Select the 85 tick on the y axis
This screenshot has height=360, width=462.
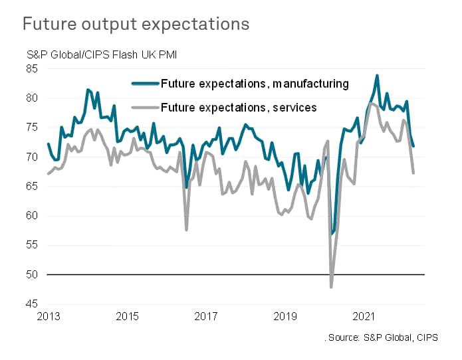pyautogui.click(x=33, y=68)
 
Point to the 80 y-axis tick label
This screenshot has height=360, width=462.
pyautogui.click(x=33, y=98)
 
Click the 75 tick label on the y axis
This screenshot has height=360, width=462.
pyautogui.click(x=33, y=128)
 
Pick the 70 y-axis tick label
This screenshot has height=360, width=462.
pyautogui.click(x=33, y=157)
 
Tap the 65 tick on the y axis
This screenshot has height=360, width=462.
pyautogui.click(x=33, y=187)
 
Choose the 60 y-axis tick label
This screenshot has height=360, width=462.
pyautogui.click(x=33, y=216)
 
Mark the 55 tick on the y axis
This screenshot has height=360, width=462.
pyautogui.click(x=33, y=245)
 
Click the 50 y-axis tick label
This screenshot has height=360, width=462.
pyautogui.click(x=33, y=274)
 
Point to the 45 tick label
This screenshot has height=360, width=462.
pyautogui.click(x=33, y=304)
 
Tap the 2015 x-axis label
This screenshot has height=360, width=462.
pyautogui.click(x=127, y=316)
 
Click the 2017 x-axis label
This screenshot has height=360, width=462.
pyautogui.click(x=206, y=316)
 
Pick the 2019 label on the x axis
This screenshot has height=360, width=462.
pyautogui.click(x=285, y=316)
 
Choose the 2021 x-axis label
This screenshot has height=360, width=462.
pyautogui.click(x=364, y=316)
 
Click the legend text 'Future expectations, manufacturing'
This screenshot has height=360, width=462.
pyautogui.click(x=255, y=84)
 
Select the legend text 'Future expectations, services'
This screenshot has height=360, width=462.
pyautogui.click(x=240, y=107)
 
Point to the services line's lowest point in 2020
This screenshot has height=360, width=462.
pyautogui.click(x=331, y=287)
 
